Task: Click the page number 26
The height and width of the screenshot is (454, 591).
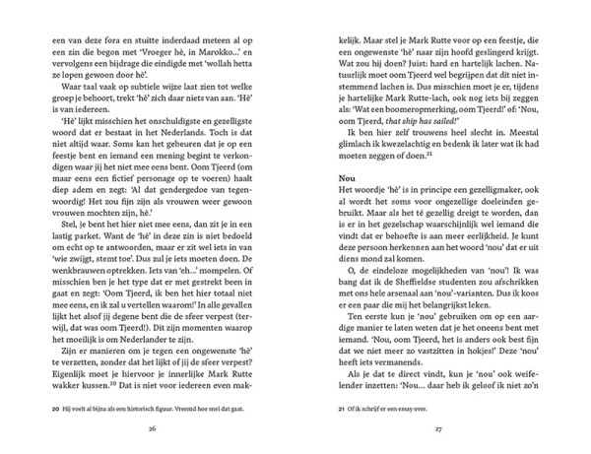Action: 152,428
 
